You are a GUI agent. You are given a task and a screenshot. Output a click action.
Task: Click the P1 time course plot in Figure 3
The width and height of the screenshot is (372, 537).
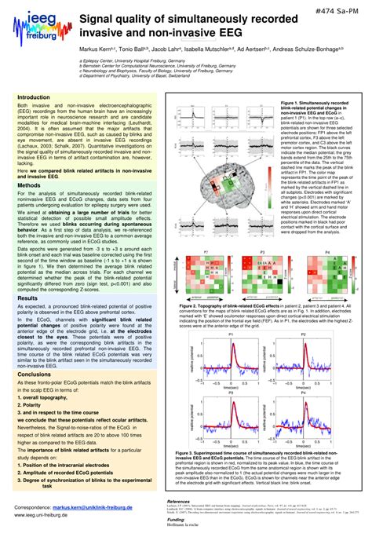(233, 345)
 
